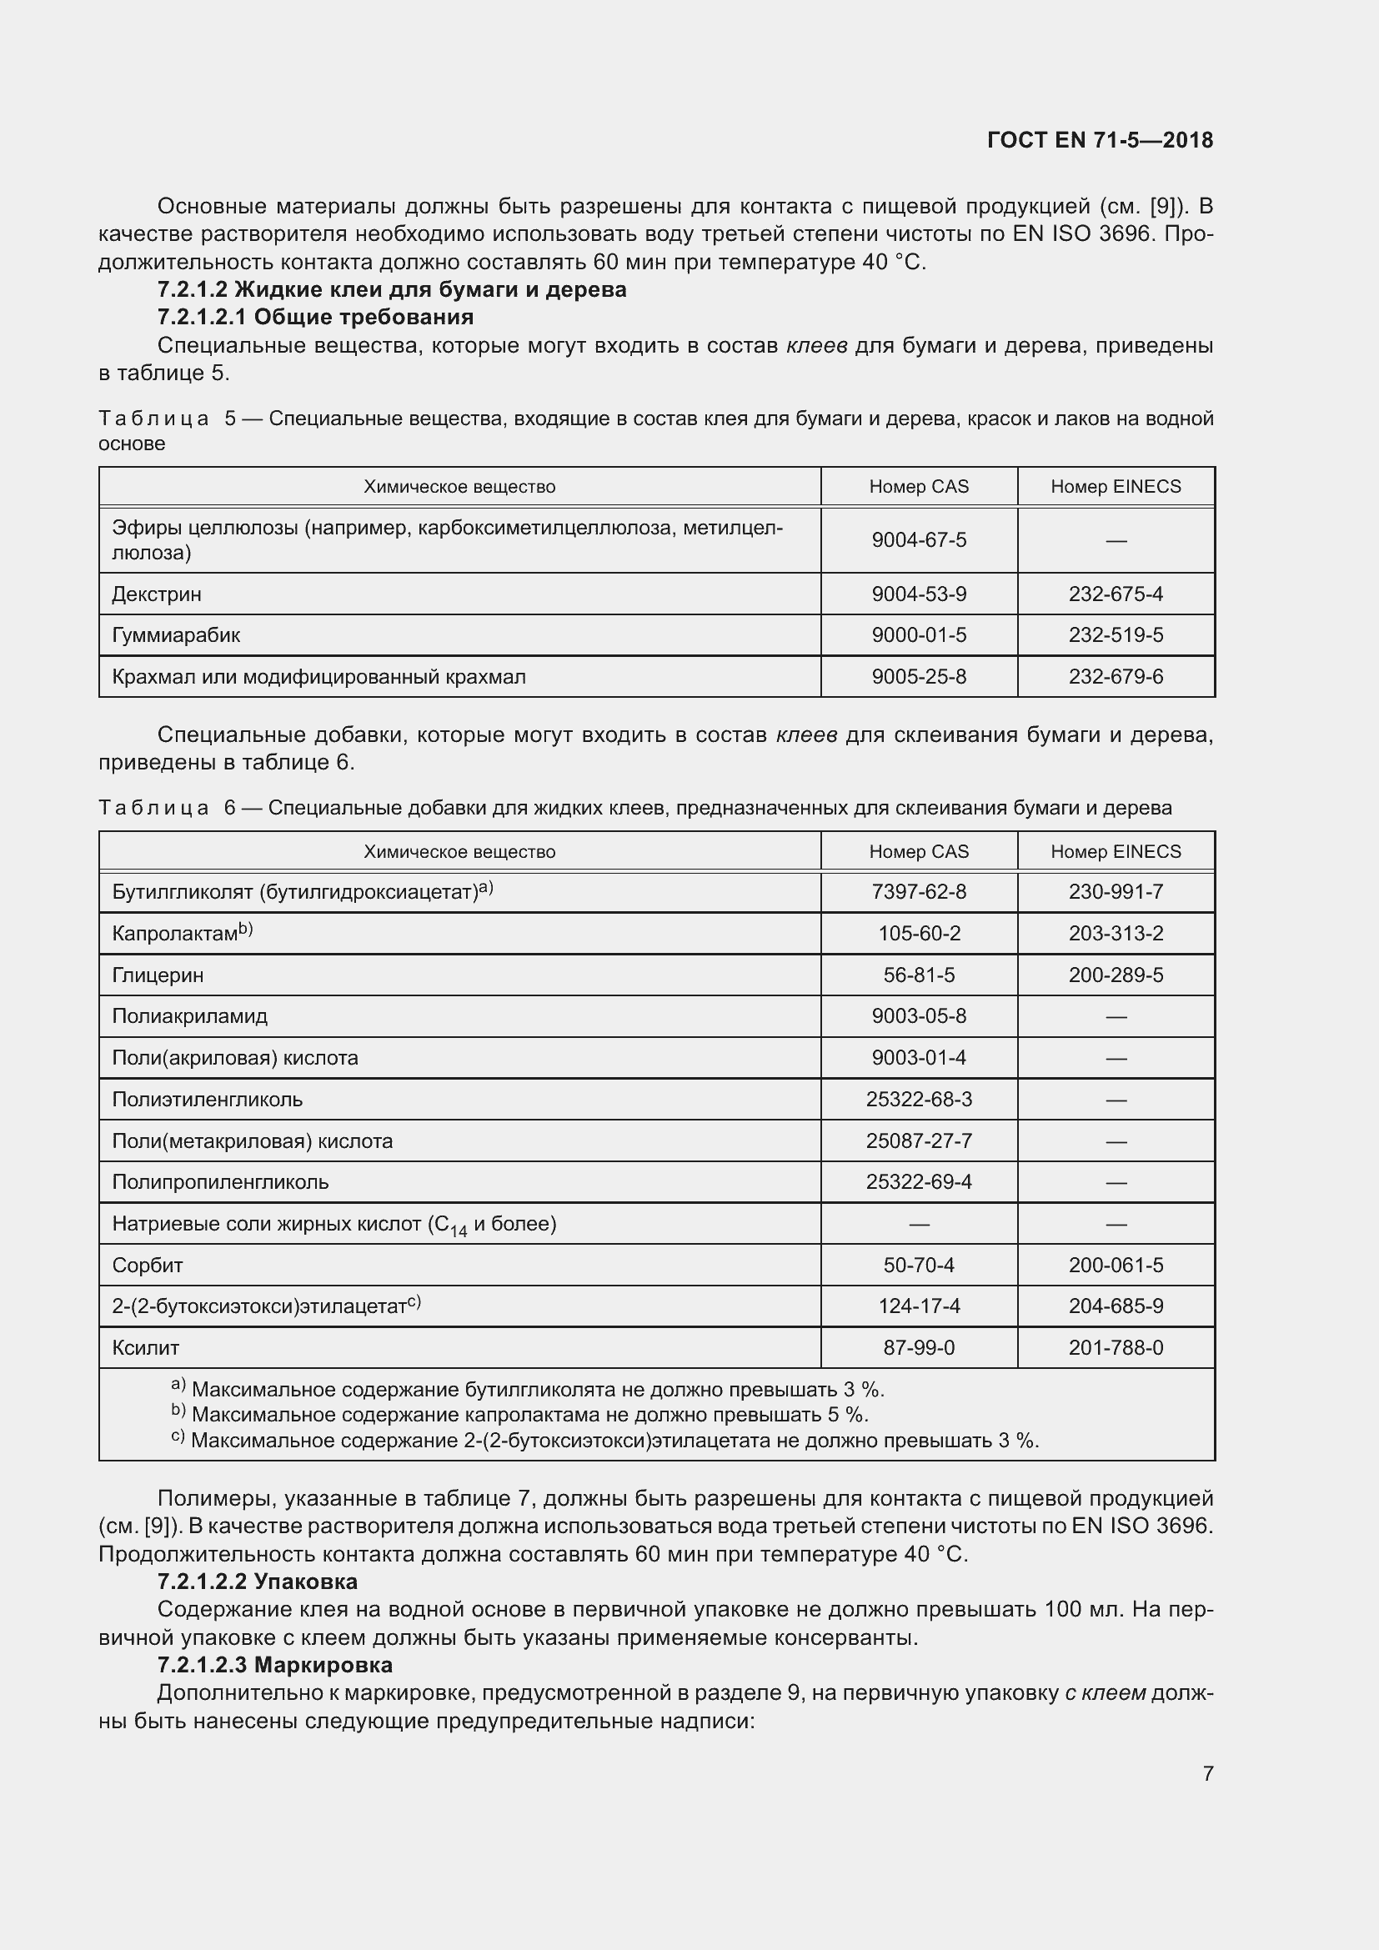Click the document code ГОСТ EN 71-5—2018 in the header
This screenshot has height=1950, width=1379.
pyautogui.click(x=1100, y=140)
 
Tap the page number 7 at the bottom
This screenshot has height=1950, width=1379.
pyautogui.click(x=1207, y=1772)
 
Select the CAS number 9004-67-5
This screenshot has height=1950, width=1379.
pyautogui.click(x=919, y=540)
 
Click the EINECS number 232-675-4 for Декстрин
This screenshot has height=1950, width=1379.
pyautogui.click(x=1116, y=594)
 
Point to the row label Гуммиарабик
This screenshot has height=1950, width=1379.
pyautogui.click(x=176, y=635)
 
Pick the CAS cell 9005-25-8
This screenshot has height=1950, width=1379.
pyautogui.click(x=919, y=677)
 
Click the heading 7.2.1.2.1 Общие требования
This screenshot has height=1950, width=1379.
pyautogui.click(x=315, y=317)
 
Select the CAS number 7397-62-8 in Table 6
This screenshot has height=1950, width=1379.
pyautogui.click(x=919, y=892)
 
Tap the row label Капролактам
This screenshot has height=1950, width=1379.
pyautogui.click(x=175, y=934)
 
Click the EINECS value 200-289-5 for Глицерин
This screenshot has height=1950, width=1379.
pyautogui.click(x=1116, y=975)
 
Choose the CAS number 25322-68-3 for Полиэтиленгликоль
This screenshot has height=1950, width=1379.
pyautogui.click(x=919, y=1099)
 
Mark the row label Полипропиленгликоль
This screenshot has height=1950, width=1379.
pyautogui.click(x=220, y=1182)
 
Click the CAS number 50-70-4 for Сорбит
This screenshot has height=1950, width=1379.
pyautogui.click(x=919, y=1266)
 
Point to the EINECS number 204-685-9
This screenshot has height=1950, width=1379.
pyautogui.click(x=1116, y=1306)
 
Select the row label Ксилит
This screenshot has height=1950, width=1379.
pyautogui.click(x=146, y=1348)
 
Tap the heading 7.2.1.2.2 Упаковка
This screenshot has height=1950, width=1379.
pyautogui.click(x=258, y=1582)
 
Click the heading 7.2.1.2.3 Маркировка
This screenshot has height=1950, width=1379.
pyautogui.click(x=274, y=1664)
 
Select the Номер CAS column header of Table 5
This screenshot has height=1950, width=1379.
pyautogui.click(x=919, y=487)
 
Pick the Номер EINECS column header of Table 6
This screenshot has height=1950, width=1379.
pyautogui.click(x=1116, y=852)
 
